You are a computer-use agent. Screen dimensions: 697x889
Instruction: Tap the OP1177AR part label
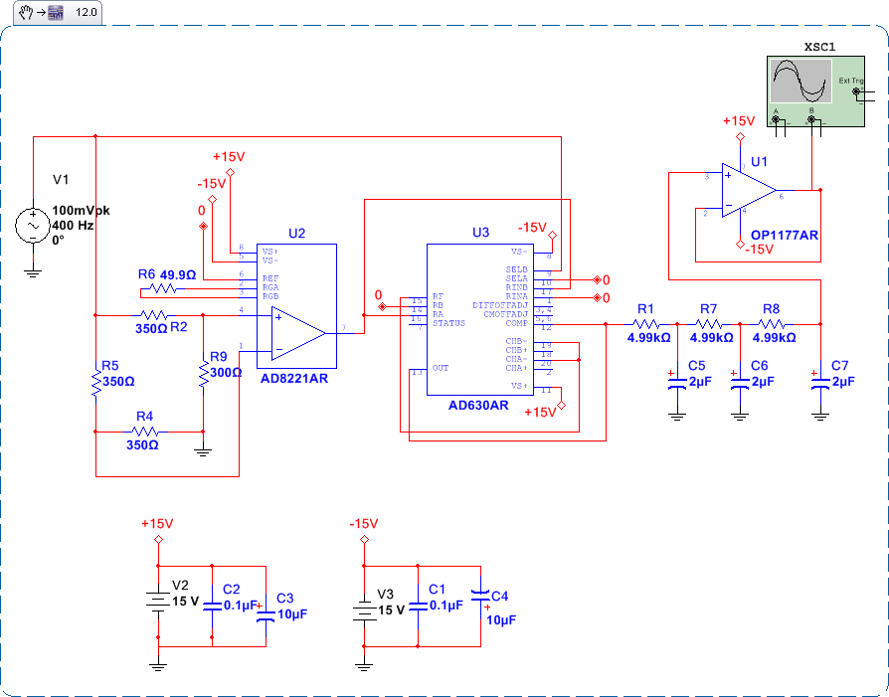tap(785, 236)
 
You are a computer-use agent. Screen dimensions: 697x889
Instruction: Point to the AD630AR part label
tap(478, 406)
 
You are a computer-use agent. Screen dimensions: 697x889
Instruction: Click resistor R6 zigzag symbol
tap(159, 289)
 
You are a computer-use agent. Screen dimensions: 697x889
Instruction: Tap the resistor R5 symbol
tap(95, 381)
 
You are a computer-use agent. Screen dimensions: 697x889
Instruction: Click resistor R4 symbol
tap(145, 432)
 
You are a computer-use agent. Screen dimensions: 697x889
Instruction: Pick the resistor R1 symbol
tap(646, 323)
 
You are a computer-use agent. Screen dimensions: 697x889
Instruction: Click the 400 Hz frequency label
tap(74, 226)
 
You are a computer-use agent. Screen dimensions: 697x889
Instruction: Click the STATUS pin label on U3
tap(449, 323)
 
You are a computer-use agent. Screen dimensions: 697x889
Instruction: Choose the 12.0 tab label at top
tap(87, 13)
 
